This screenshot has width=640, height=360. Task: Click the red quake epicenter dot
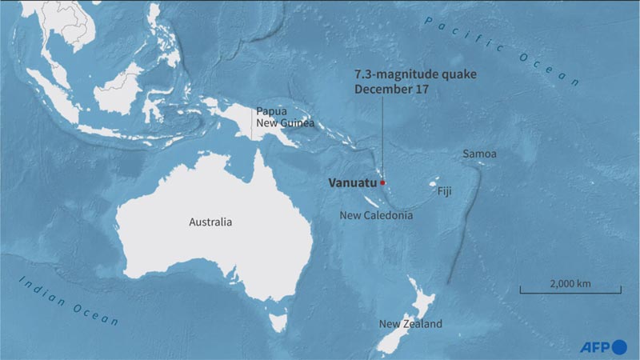click(x=382, y=182)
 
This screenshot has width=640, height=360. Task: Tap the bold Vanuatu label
click(x=352, y=182)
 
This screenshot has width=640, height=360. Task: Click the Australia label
click(x=210, y=222)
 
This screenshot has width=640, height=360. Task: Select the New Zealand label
click(x=410, y=324)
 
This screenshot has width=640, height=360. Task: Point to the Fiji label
click(x=446, y=192)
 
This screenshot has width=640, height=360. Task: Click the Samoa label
click(x=479, y=154)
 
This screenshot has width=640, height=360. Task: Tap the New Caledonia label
click(x=376, y=215)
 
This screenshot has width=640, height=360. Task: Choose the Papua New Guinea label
click(x=284, y=118)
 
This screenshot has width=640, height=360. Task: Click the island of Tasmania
click(x=278, y=322)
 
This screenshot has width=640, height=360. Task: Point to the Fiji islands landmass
click(x=436, y=179)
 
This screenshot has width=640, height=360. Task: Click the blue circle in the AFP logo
click(x=620, y=346)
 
